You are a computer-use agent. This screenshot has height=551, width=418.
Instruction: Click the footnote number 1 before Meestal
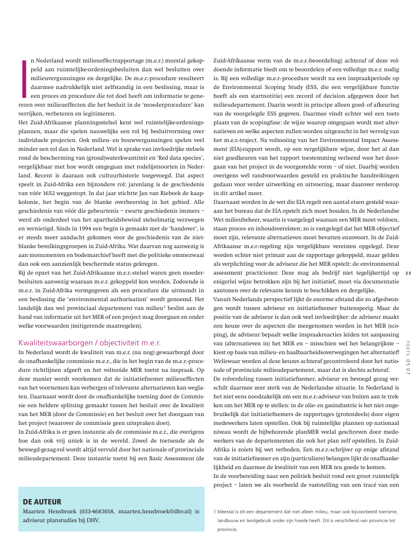(x=215, y=512)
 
